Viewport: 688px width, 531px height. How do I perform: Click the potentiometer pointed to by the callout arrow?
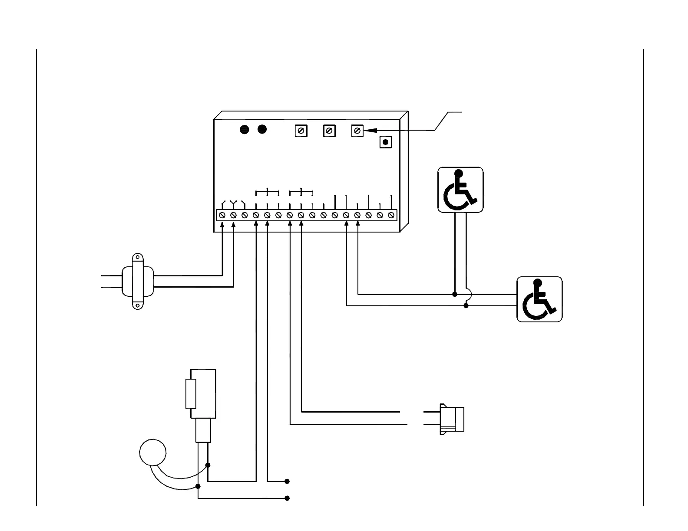[x=357, y=131]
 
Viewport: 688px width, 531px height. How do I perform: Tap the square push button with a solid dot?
[x=385, y=142]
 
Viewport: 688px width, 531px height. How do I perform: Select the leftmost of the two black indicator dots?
[x=245, y=129]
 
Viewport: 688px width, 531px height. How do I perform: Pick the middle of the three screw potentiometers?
[x=329, y=131]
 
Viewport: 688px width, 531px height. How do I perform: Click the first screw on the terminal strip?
[x=222, y=215]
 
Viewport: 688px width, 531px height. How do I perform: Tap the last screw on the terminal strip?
[x=391, y=215]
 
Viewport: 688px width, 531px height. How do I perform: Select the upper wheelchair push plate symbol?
[x=460, y=190]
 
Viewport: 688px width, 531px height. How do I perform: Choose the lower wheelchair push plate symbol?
[x=539, y=299]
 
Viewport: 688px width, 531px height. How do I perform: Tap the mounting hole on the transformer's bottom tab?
[x=137, y=305]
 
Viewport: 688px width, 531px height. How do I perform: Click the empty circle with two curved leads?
[x=152, y=452]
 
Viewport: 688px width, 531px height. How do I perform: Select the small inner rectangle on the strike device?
[x=191, y=393]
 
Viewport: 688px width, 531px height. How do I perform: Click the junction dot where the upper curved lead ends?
[x=208, y=465]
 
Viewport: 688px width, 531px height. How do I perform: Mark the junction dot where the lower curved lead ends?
[x=198, y=486]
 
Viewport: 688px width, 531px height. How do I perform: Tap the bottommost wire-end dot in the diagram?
[x=287, y=498]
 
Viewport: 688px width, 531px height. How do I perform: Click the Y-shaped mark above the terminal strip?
[x=233, y=203]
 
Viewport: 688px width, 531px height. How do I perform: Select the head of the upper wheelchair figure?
[x=457, y=173]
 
